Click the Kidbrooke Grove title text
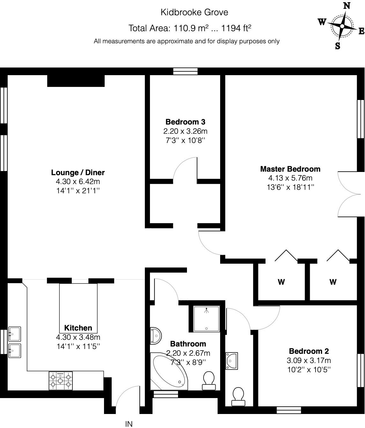(194, 12)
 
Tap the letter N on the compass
(347, 6)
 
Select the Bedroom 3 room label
(185, 122)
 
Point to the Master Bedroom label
(290, 169)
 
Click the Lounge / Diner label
(78, 172)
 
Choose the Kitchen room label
(78, 328)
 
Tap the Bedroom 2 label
(309, 351)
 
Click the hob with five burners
(61, 381)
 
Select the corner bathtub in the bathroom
(169, 371)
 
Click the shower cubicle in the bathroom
(206, 319)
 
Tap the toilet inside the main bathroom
(209, 381)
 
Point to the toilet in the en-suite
(238, 397)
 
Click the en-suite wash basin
(232, 361)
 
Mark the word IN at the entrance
(129, 424)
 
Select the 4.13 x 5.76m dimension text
(290, 178)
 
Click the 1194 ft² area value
(236, 28)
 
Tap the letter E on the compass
(361, 31)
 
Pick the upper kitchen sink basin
(15, 334)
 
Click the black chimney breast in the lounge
(76, 81)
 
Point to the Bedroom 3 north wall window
(185, 71)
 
